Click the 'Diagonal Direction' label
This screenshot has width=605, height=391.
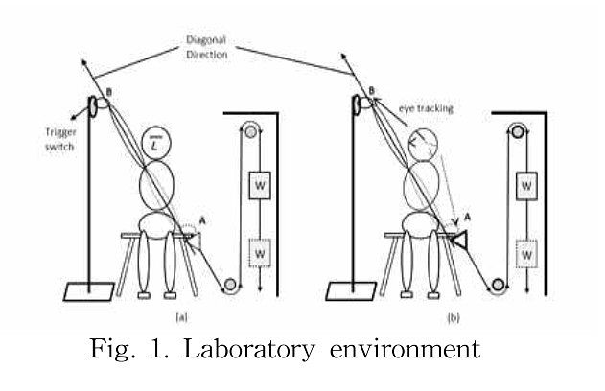pos(206,47)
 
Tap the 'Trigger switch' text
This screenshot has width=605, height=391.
pos(60,139)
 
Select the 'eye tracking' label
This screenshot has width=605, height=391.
pos(426,108)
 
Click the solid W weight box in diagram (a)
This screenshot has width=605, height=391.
pos(260,185)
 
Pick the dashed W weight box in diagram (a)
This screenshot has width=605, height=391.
pos(260,253)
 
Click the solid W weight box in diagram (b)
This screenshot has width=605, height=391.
pos(526,186)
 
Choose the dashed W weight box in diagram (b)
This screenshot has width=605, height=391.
pos(526,254)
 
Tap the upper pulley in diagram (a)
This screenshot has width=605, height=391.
pos(251,132)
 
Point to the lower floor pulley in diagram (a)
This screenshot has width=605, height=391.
pos(230,285)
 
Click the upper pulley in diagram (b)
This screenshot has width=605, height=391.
pos(518,132)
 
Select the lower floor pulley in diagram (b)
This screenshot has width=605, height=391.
pos(498,285)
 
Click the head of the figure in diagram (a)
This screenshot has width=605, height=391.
pos(156,143)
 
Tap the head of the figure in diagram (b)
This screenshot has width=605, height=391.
pos(423,144)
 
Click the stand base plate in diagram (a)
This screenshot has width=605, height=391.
pos(89,291)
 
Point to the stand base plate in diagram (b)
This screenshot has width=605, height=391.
pos(351,291)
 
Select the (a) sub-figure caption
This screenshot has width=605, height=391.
pos(182,317)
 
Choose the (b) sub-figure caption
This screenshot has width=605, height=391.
pos(454,318)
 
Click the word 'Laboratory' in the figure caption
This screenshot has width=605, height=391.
pos(248,350)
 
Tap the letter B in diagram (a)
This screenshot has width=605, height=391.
pos(109,93)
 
